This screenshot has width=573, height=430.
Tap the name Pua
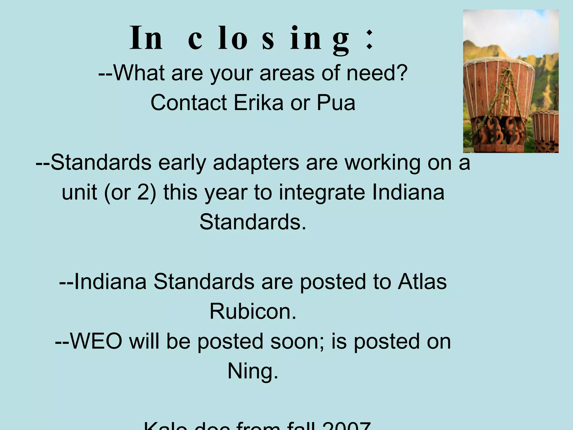click(336, 103)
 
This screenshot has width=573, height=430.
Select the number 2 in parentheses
click(143, 193)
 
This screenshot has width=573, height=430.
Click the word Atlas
click(422, 282)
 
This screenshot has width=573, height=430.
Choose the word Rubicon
click(253, 311)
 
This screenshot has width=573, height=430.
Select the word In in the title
click(146, 38)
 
